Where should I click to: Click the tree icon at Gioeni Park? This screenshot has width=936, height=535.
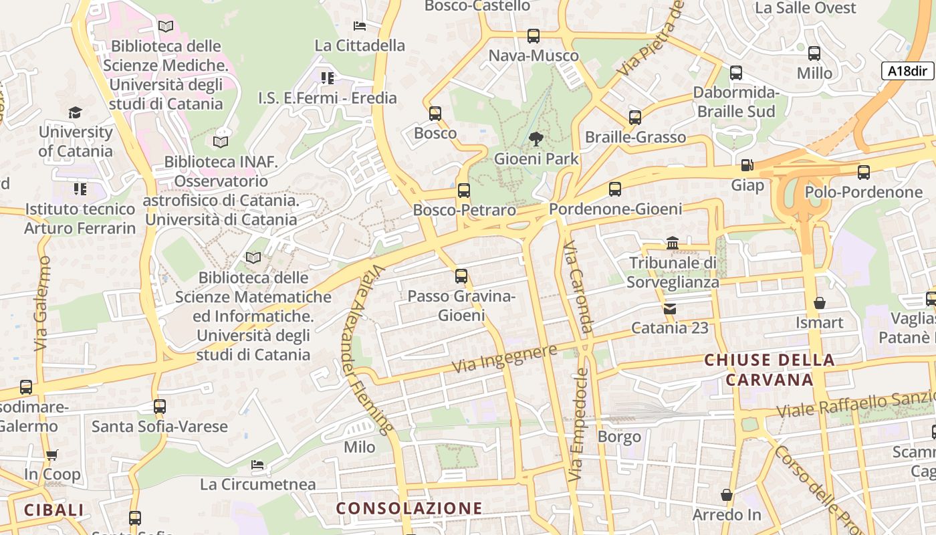click(536, 139)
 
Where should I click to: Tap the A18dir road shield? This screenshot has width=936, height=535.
click(907, 71)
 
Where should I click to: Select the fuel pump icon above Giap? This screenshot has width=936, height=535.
click(747, 165)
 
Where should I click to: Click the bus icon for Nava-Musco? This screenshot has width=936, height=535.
click(533, 36)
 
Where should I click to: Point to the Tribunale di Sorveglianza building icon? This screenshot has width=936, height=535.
click(673, 243)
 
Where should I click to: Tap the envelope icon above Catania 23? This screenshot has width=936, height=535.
click(669, 308)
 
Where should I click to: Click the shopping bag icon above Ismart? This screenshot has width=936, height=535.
click(819, 303)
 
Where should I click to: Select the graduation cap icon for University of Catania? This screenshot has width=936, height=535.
click(75, 112)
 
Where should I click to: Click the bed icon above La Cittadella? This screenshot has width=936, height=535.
click(360, 26)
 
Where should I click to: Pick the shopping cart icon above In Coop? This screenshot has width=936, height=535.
click(51, 455)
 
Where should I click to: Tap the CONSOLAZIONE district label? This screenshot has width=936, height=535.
click(409, 508)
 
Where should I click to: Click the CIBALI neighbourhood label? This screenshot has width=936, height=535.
click(54, 510)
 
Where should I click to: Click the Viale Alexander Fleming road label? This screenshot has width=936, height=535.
click(367, 348)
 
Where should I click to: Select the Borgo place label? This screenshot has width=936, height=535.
click(619, 437)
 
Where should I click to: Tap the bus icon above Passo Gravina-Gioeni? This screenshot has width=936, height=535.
click(461, 276)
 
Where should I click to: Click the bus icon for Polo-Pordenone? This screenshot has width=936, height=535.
click(863, 173)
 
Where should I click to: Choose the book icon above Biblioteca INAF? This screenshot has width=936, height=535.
click(221, 142)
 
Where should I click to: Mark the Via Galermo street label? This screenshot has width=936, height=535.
click(42, 304)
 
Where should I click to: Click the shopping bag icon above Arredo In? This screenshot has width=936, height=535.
click(727, 496)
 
